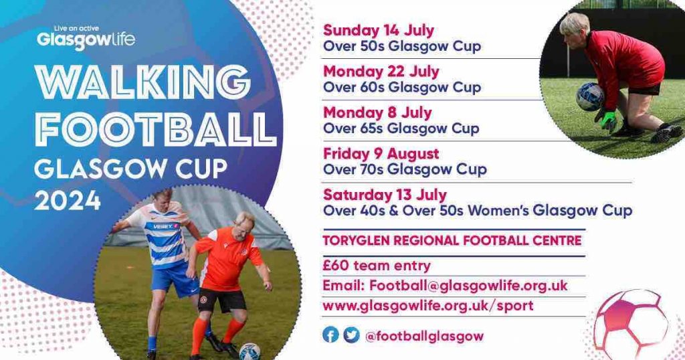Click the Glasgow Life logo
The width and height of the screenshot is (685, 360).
click(x=86, y=38)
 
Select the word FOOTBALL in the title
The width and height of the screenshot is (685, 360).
click(x=155, y=129)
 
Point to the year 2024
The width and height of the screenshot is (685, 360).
click(x=68, y=201)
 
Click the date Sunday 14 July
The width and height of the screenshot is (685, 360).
click(x=379, y=31)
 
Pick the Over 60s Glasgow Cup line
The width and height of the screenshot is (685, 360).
click(x=402, y=87)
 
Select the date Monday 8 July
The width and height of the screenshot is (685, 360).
click(x=377, y=112)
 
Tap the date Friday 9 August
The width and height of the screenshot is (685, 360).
click(x=381, y=154)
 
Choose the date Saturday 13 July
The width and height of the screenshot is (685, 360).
click(x=385, y=195)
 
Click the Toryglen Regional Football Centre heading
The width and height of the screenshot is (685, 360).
click(x=452, y=240)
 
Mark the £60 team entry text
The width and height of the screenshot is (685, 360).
click(x=377, y=265)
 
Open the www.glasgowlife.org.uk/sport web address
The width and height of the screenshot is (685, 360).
click(x=427, y=305)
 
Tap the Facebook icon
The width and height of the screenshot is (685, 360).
click(x=330, y=335)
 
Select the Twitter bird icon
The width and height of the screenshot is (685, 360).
click(x=351, y=335)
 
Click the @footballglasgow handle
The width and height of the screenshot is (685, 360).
click(x=424, y=336)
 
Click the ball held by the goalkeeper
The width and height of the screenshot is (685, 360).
click(x=590, y=96)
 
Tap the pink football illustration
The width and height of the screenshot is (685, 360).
click(x=631, y=323)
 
